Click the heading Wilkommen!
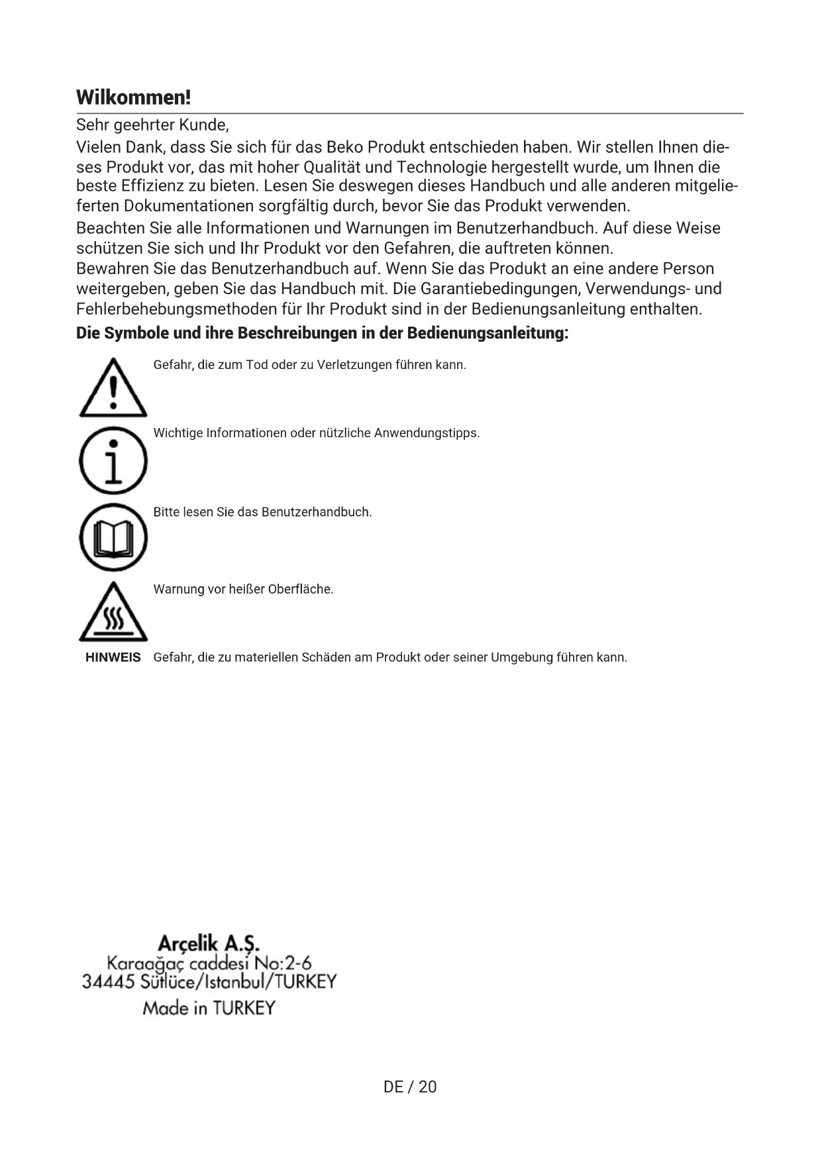coord(133,97)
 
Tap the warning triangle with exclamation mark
coord(113,390)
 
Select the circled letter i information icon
coord(113,460)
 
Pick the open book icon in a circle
coord(113,537)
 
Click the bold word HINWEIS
coord(113,658)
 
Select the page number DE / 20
coord(410,1086)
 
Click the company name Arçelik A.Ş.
coord(209,943)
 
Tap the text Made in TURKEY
coord(209,1008)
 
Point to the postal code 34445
coord(109,981)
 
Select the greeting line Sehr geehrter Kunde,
coord(152,125)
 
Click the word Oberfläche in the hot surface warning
coord(300,589)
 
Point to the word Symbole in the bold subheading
coord(137,333)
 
